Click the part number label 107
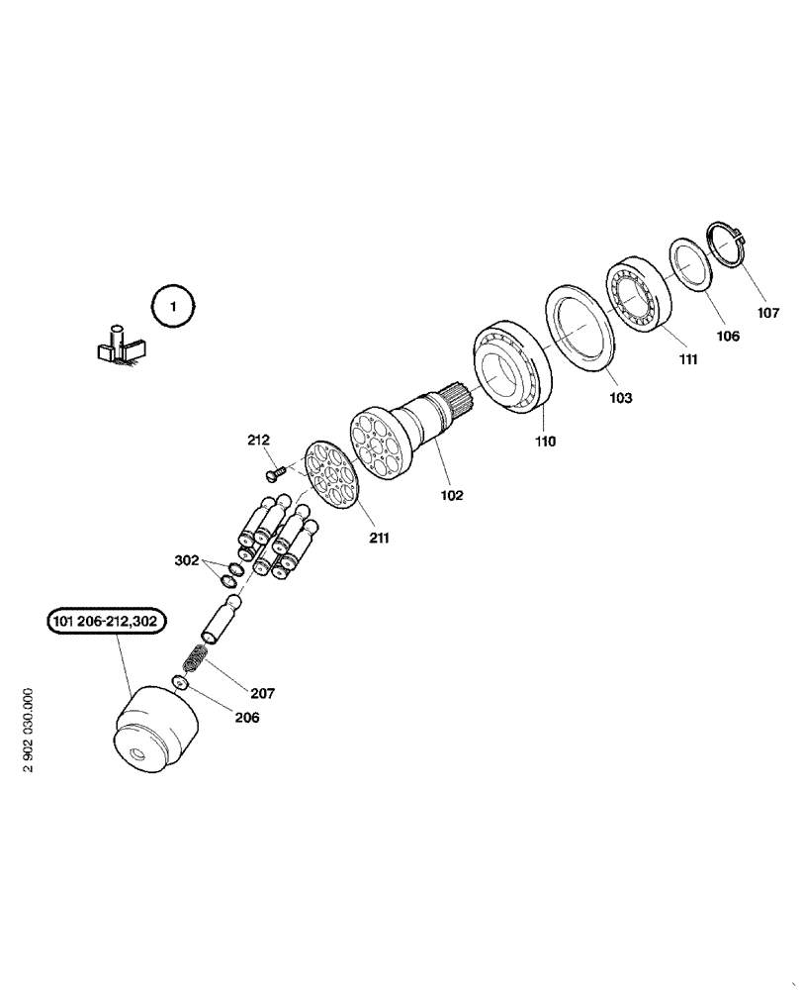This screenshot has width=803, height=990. (768, 313)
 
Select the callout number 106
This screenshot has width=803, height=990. (728, 336)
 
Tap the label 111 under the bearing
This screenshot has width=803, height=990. (686, 361)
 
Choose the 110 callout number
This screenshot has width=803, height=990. (545, 442)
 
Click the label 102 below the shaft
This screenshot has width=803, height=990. (451, 494)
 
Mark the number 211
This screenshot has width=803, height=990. (380, 539)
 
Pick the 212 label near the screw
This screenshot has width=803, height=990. (259, 440)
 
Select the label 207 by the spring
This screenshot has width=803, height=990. (262, 693)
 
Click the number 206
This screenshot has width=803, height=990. (245, 718)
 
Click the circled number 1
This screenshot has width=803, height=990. (173, 307)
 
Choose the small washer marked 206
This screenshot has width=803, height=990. (179, 682)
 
